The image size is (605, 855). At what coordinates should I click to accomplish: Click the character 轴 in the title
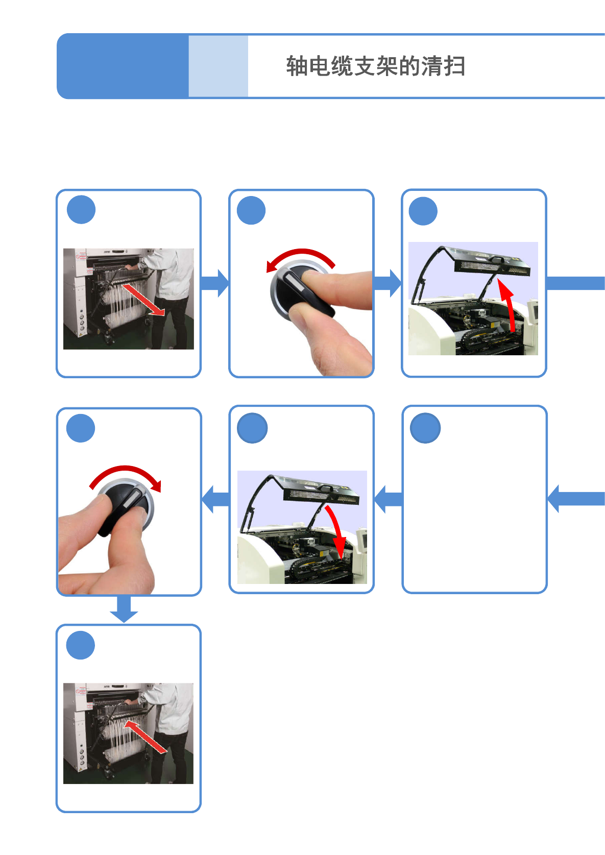297,66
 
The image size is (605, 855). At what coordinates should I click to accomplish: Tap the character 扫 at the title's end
454,66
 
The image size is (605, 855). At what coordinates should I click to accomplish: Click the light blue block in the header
219,66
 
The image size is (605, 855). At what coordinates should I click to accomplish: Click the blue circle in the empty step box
425,428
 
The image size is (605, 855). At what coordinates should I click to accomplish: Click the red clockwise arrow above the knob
126,469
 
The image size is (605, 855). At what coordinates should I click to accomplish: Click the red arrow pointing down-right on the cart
143,300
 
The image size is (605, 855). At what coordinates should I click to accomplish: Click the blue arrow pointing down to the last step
124,609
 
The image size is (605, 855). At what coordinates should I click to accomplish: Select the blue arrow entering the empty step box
576,499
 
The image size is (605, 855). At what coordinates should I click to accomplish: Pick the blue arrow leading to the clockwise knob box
215,499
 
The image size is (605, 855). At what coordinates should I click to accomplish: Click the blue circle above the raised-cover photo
423,211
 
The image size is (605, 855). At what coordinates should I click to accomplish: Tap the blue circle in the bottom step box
81,645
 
